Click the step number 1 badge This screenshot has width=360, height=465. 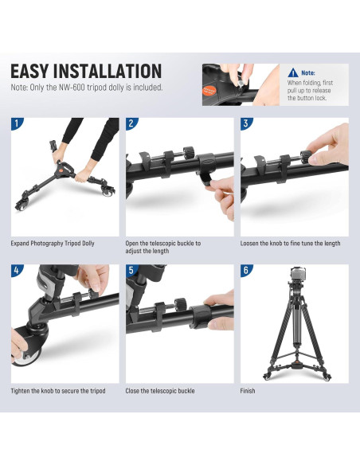tap(16, 123)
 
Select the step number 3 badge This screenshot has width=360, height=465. tap(246, 123)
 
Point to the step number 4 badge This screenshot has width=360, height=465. tap(16, 270)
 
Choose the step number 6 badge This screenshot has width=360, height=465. tap(246, 270)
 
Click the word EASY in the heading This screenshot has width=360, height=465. tap(29, 71)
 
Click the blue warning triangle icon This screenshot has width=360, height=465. tap(293, 72)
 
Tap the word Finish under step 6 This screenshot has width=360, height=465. tap(248, 391)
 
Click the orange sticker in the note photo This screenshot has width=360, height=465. tap(209, 91)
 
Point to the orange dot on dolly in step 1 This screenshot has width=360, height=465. tap(61, 171)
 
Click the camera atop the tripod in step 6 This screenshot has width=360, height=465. tap(298, 273)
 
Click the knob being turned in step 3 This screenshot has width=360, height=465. tap(305, 157)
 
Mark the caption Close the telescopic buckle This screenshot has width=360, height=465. tap(160, 391)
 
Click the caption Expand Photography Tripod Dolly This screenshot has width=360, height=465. tap(53, 244)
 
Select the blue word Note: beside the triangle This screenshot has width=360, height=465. tap(308, 72)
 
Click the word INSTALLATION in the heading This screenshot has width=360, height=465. tap(108, 71)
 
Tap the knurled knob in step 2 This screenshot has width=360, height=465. tap(188, 154)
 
